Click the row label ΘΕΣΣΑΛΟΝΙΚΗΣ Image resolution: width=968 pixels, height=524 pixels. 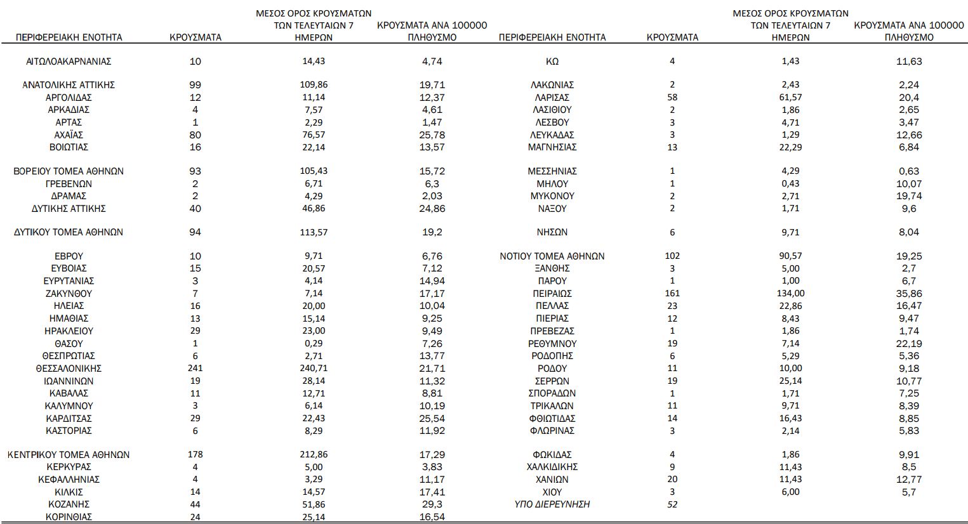tap(69, 369)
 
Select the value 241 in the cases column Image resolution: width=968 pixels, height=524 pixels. tap(195, 369)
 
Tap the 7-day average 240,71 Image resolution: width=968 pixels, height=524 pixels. tap(314, 369)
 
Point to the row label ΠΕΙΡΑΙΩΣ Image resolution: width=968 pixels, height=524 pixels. tap(552, 294)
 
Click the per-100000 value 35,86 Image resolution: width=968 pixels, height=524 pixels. tap(909, 294)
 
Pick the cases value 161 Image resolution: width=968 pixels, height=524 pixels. tap(672, 294)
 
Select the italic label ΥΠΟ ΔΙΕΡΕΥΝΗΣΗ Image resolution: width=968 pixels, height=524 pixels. tap(552, 504)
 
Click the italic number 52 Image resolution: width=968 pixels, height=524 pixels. tap(672, 504)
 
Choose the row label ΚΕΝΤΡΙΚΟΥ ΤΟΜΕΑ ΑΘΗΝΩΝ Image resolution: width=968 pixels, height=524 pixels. tap(69, 455)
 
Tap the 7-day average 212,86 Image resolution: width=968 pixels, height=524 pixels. tap(314, 455)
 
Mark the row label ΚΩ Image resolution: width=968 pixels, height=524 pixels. tap(552, 62)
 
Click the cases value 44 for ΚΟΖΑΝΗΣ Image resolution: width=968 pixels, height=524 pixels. tap(195, 504)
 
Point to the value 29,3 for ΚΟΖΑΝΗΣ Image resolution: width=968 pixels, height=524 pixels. tap(432, 504)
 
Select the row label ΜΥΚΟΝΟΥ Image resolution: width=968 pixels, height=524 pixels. tap(552, 196)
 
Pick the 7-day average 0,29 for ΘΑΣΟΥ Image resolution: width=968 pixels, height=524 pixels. tap(314, 344)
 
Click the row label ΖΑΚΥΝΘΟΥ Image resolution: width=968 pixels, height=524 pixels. tap(69, 294)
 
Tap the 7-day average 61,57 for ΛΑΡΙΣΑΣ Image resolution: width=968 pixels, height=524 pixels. tap(790, 98)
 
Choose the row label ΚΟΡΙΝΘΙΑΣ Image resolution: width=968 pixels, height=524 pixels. tap(69, 517)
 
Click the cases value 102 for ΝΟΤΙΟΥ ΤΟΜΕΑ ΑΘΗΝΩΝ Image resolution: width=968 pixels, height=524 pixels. tap(672, 256)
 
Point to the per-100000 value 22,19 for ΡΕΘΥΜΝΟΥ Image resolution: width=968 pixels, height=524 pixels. tap(909, 344)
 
